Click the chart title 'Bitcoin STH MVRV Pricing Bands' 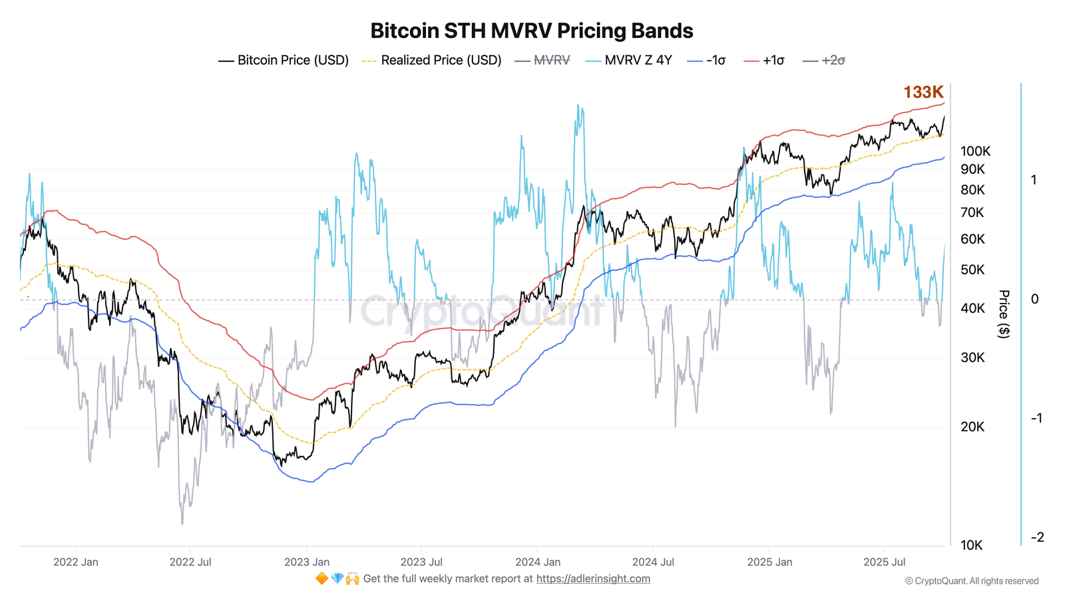[531, 31]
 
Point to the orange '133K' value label [923, 92]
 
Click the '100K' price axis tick [975, 151]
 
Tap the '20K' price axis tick [972, 427]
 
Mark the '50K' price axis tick [972, 270]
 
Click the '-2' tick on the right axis [1036, 537]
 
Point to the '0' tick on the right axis [1034, 299]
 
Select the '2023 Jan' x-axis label [307, 562]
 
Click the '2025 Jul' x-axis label [885, 562]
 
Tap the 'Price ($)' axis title [1004, 313]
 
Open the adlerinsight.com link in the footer [593, 578]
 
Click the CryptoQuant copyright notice [972, 581]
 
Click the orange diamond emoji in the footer [321, 578]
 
